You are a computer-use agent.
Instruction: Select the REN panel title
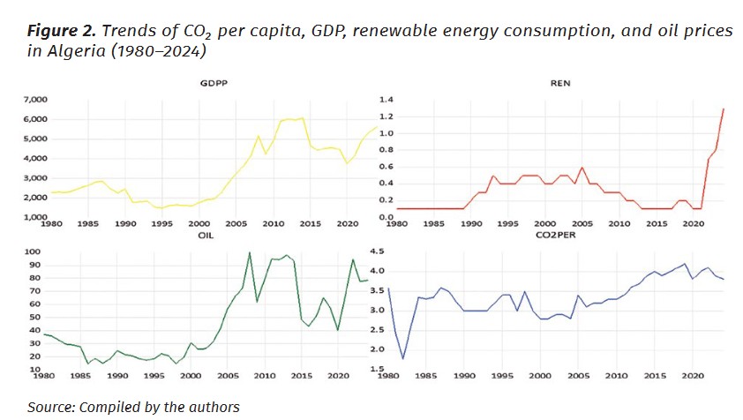560,84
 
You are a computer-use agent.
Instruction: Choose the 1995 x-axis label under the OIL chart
154,376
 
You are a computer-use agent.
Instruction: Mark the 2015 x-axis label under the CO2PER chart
656,376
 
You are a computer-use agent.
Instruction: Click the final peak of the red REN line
724,109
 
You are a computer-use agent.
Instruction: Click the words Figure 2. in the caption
61,31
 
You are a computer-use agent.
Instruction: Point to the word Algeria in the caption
79,51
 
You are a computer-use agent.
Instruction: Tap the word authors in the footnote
216,407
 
